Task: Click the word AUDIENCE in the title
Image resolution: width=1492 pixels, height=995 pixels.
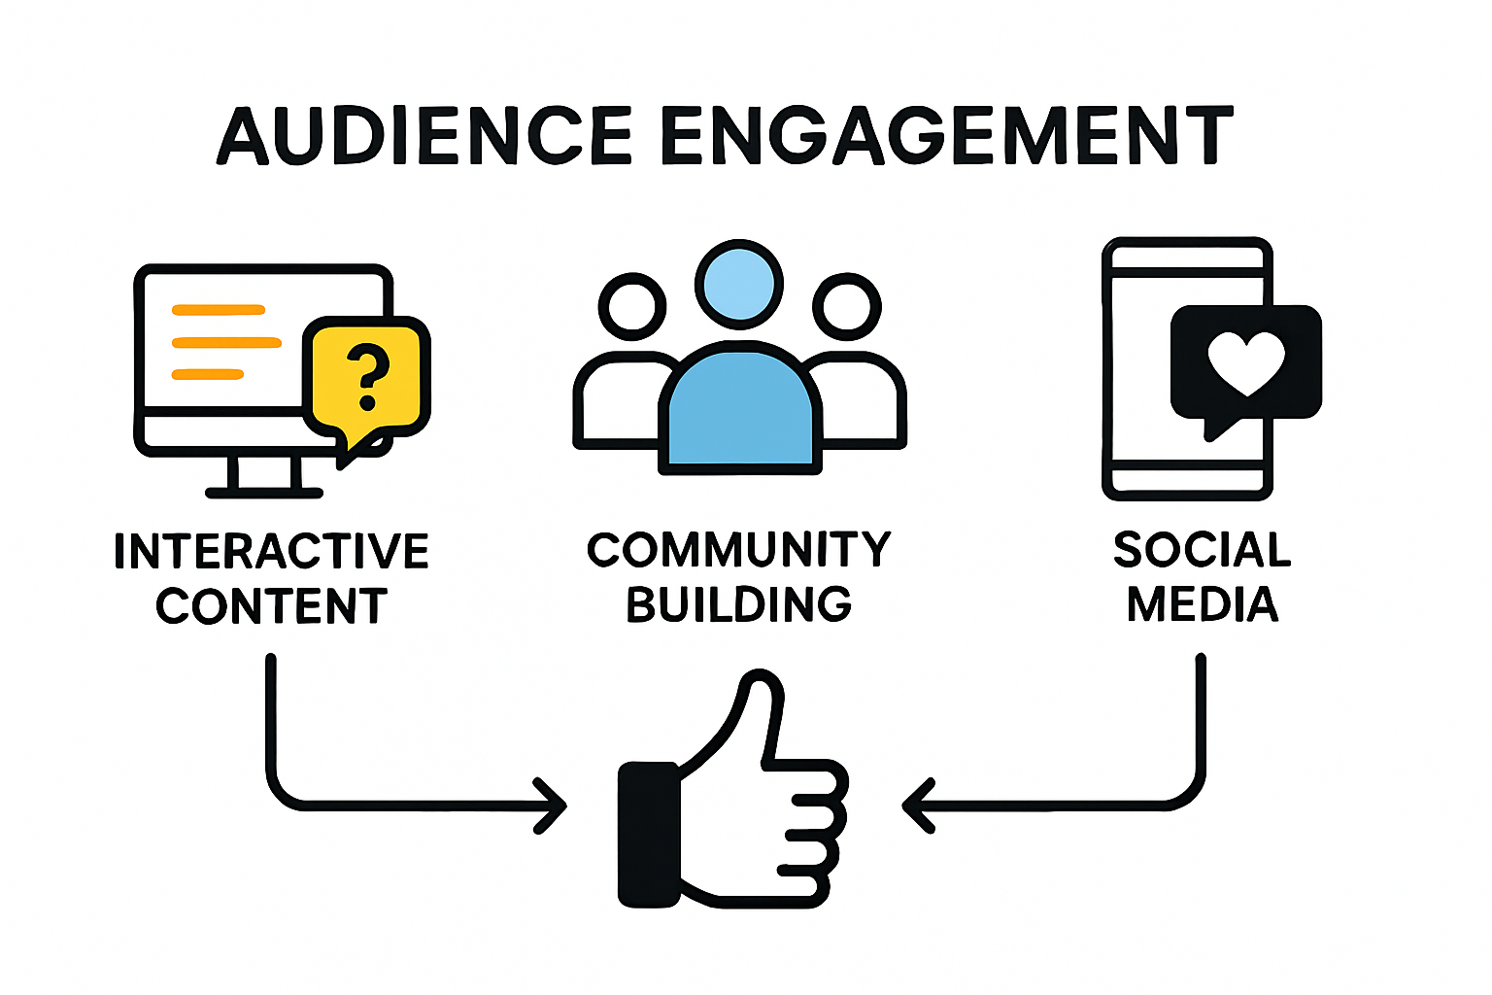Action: coord(425,135)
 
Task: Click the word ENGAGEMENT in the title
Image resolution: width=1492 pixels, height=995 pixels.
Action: coord(946,135)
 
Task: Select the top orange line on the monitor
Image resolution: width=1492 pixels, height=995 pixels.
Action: coord(219,310)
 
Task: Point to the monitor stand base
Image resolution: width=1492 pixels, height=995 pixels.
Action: coord(264,493)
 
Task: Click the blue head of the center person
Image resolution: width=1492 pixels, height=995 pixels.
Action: coord(740,283)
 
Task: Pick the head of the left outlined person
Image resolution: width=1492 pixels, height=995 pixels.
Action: coord(632,306)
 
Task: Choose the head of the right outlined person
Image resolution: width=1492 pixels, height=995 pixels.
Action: coord(847,306)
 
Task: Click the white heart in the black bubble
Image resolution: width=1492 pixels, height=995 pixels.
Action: coord(1246,362)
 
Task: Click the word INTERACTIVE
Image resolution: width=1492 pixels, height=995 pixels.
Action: coord(271,551)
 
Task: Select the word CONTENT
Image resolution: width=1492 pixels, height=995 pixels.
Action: coord(271,607)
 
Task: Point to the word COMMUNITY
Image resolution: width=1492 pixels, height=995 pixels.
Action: coord(739,550)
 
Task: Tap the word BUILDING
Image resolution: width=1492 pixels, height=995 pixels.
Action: coord(739,604)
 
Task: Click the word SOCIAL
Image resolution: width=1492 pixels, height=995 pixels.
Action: coord(1203,550)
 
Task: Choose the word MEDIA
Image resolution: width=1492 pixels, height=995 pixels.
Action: coord(1203,604)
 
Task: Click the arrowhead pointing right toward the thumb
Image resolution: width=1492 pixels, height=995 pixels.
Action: coord(554,806)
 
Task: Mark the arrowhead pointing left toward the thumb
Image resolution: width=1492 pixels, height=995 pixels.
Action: coord(916,806)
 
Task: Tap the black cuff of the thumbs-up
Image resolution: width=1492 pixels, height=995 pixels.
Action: coord(649,835)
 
